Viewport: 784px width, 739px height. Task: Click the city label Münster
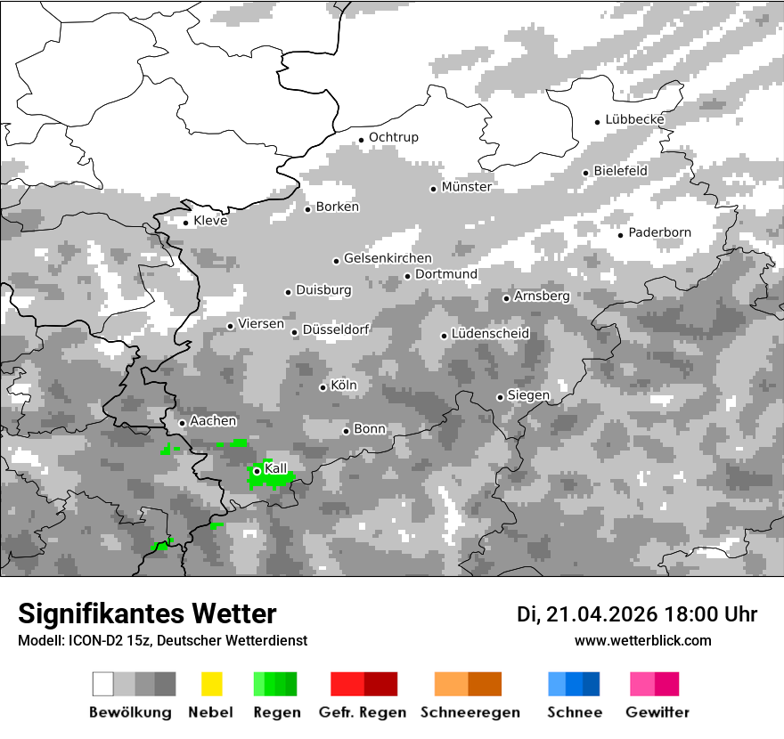[x=467, y=187]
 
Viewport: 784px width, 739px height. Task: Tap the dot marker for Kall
[x=257, y=471]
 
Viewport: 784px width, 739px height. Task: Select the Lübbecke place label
[x=635, y=119]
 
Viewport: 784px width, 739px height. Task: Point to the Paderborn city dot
[x=621, y=234]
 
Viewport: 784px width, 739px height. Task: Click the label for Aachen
[x=214, y=421]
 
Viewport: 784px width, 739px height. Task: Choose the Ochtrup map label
[x=394, y=137]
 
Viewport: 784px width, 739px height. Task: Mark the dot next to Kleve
[x=186, y=223]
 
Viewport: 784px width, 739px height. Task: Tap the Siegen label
[x=529, y=394]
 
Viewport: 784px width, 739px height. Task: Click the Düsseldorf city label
[x=336, y=329]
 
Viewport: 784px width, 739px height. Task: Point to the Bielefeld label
[x=621, y=170]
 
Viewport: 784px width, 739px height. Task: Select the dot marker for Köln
[x=323, y=387]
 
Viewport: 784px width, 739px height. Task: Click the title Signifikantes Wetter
[x=147, y=613]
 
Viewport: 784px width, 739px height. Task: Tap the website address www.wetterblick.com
[x=643, y=640]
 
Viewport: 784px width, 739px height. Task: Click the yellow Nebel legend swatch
[x=211, y=684]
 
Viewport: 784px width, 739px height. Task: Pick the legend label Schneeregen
[x=470, y=712]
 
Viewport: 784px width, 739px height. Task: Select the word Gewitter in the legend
[x=657, y=712]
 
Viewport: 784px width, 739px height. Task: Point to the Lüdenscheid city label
[x=491, y=333]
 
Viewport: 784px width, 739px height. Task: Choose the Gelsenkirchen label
[x=388, y=258]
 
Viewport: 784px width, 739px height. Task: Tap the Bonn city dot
[x=347, y=431]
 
